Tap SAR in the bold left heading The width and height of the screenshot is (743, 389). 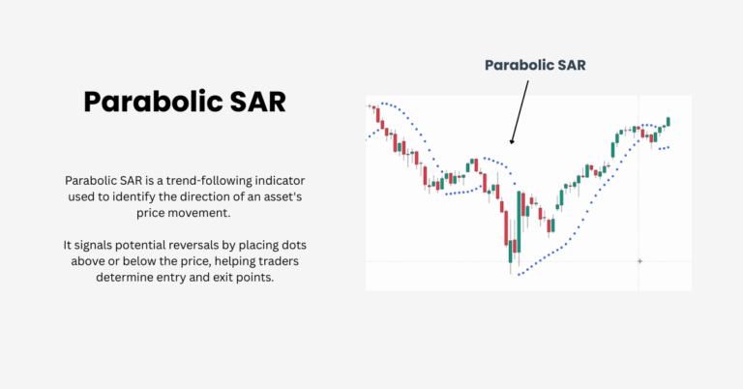pos(253,102)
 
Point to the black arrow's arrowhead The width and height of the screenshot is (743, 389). pos(512,142)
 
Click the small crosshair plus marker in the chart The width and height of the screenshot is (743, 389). pos(639,261)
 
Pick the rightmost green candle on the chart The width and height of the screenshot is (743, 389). pos(668,122)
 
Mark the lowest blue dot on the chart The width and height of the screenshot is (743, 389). pos(519,275)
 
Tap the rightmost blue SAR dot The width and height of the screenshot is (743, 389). pos(668,147)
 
